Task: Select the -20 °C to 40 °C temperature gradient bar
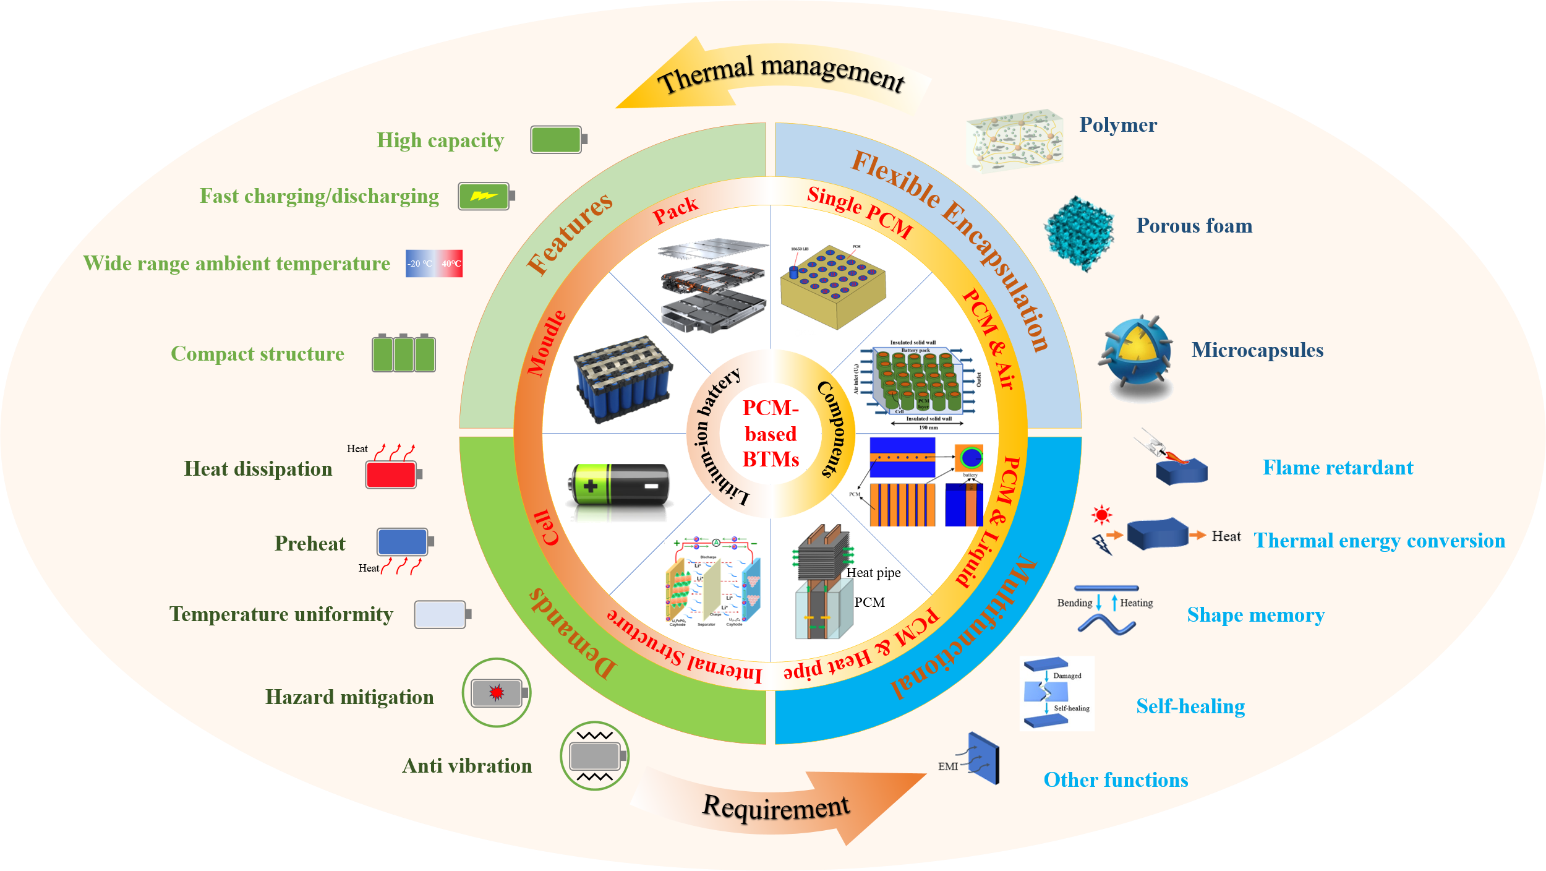433,264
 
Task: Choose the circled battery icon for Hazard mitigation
497,692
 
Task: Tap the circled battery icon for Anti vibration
595,755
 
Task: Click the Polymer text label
1117,125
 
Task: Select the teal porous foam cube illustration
1078,233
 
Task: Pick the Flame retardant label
1338,468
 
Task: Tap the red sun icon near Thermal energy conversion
1101,515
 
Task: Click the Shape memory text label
1255,615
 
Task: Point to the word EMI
947,766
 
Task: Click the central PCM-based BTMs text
771,434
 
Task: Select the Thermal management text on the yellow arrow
780,75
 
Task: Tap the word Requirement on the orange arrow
776,807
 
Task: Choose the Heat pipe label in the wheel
873,573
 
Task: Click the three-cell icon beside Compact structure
404,353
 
